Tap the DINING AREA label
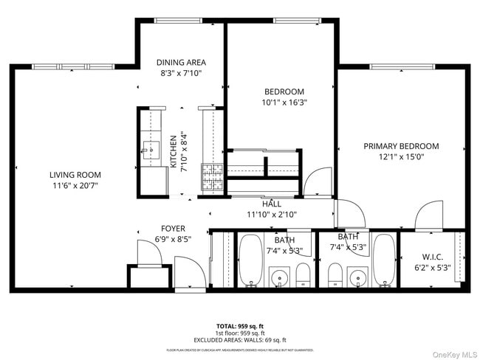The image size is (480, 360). [181, 63]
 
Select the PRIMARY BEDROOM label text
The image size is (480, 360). [401, 146]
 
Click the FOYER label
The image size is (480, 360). [174, 229]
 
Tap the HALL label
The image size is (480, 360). [272, 204]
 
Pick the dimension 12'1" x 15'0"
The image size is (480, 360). [401, 157]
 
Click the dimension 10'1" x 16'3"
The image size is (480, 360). [284, 103]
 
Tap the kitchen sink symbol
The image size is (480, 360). [151, 150]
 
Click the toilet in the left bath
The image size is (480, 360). [303, 276]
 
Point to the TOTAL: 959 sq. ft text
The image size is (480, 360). [240, 325]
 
